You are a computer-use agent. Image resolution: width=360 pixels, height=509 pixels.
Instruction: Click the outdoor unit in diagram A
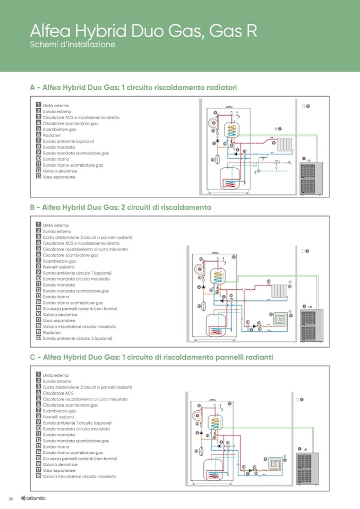tap(310, 178)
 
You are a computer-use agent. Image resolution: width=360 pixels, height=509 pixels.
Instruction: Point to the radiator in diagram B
tap(279, 290)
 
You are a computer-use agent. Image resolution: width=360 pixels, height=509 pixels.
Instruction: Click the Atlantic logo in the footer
tap(33, 498)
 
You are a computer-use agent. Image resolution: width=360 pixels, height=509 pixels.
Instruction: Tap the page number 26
tap(10, 498)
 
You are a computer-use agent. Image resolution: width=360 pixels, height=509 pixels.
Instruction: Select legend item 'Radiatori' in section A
tap(52, 135)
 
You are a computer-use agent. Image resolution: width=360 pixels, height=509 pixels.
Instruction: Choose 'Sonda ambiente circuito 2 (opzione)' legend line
tap(77, 338)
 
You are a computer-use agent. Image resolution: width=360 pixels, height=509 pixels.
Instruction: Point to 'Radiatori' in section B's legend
tap(52, 332)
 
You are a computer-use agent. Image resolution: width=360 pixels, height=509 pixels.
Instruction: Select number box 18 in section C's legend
tap(38, 476)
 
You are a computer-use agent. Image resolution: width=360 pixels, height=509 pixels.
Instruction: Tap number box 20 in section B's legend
tap(38, 338)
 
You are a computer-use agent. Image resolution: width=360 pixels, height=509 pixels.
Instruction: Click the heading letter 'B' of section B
tap(33, 208)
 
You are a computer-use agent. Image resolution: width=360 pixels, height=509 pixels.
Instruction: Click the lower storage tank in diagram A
tap(230, 177)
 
